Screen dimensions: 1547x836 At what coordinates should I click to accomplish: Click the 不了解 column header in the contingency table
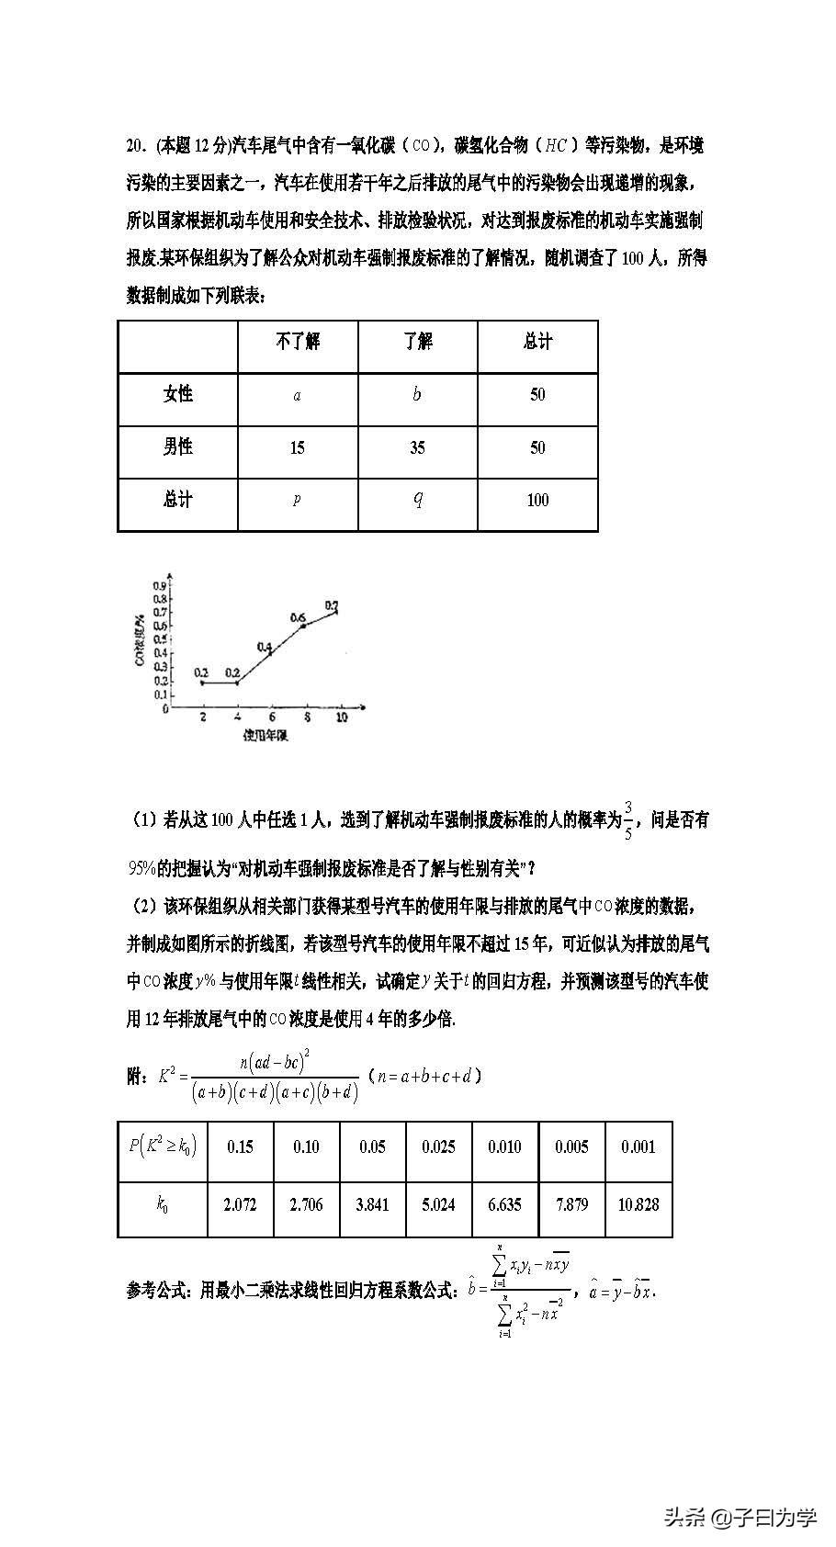(298, 342)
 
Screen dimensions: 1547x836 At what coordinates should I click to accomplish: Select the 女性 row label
(178, 394)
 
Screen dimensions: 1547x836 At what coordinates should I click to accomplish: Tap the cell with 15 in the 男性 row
(297, 448)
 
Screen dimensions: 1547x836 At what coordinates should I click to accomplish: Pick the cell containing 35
(417, 448)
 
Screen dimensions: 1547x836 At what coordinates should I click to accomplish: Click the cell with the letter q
(417, 499)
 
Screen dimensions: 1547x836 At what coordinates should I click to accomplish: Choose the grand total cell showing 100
(537, 501)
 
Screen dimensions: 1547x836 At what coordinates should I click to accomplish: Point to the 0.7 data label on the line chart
(333, 605)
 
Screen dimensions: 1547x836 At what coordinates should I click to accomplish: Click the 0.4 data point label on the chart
(265, 647)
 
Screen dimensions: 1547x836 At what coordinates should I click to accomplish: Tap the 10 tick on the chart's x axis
(341, 717)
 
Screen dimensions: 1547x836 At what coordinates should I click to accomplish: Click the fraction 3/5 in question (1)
(628, 819)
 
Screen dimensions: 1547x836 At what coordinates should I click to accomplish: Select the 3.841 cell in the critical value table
(372, 1204)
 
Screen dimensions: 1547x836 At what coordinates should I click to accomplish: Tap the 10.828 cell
(638, 1204)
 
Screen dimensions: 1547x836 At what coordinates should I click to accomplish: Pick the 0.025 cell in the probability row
(438, 1146)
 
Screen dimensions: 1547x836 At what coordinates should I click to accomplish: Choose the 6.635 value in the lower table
(504, 1204)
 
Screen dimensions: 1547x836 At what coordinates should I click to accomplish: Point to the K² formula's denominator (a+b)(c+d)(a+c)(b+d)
(275, 1092)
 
